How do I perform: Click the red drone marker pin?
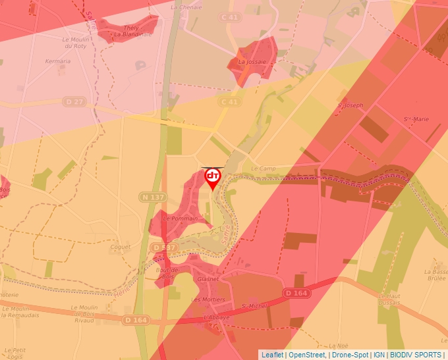click(x=213, y=178)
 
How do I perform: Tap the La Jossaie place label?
click(x=251, y=62)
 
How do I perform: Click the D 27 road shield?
click(x=74, y=101)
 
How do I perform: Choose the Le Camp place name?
click(x=263, y=168)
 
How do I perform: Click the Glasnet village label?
click(x=208, y=279)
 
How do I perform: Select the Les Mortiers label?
click(x=208, y=299)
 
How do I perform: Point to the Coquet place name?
click(x=121, y=247)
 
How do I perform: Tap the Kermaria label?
click(x=58, y=61)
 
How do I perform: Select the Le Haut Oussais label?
click(x=389, y=299)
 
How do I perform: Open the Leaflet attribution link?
click(x=272, y=355)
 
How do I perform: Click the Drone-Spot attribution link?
click(x=350, y=355)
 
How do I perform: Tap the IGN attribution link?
click(x=379, y=355)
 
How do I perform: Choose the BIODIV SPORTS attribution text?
click(x=416, y=355)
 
